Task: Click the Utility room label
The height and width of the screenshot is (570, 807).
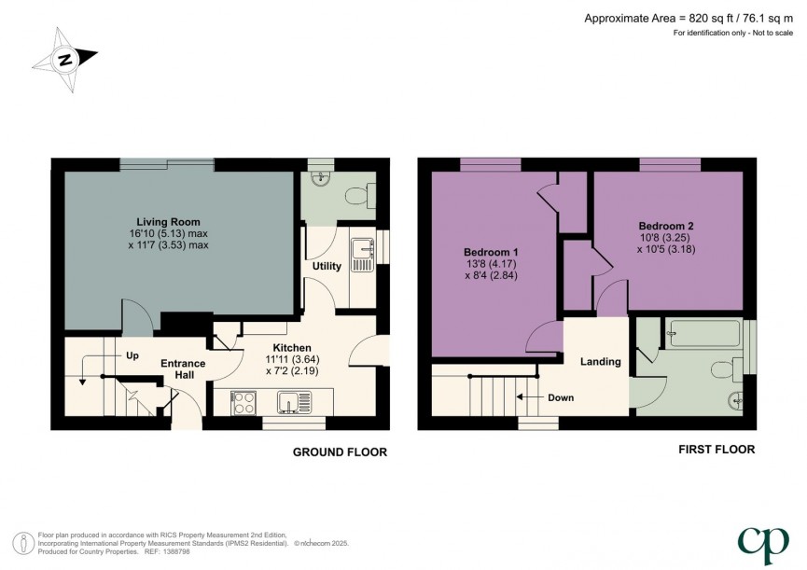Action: (x=326, y=267)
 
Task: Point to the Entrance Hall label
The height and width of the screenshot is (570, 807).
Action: (x=182, y=368)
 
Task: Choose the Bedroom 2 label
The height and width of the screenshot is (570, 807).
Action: (x=665, y=226)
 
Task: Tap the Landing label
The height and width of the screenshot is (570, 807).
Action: (x=600, y=361)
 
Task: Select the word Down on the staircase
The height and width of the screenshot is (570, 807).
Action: (x=560, y=397)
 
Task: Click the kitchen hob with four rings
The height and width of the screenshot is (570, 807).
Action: (x=243, y=403)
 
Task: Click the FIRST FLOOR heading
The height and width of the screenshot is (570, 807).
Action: (x=716, y=450)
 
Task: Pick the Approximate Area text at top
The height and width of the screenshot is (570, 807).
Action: (x=690, y=18)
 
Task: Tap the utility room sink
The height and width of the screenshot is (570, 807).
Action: (x=360, y=253)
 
